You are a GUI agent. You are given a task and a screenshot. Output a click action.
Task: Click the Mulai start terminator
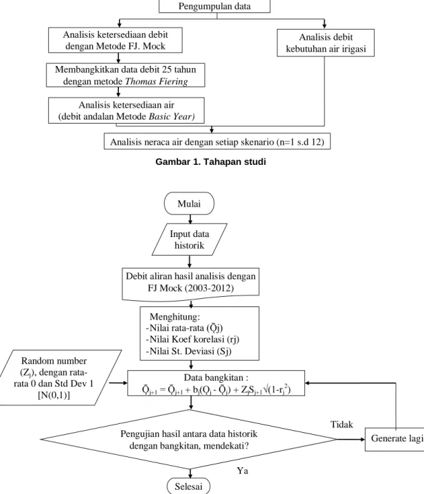pyautogui.click(x=189, y=203)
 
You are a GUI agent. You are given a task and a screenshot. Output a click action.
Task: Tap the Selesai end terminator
pyautogui.click(x=188, y=486)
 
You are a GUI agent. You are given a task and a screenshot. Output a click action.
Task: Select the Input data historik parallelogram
pyautogui.click(x=189, y=239)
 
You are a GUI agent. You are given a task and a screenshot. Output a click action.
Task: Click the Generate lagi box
pyautogui.click(x=394, y=439)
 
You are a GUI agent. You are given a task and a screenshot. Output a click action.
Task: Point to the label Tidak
pyautogui.click(x=342, y=425)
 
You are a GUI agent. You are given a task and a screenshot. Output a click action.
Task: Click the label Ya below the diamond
pyautogui.click(x=243, y=471)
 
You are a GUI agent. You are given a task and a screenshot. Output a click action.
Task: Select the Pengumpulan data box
pyautogui.click(x=214, y=6)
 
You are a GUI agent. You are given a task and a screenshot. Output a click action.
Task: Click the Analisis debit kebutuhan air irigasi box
pyautogui.click(x=326, y=43)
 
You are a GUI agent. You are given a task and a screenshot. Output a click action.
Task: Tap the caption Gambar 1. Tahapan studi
pyautogui.click(x=211, y=161)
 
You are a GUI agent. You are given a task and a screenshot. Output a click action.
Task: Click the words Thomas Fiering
pyautogui.click(x=157, y=81)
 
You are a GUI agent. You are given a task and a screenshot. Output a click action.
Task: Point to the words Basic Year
pyautogui.click(x=172, y=117)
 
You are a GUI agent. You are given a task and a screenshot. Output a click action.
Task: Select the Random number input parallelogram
pyautogui.click(x=55, y=377)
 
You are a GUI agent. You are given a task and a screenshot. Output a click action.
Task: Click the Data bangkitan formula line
pyautogui.click(x=216, y=390)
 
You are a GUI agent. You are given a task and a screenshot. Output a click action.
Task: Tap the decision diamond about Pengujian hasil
pyautogui.click(x=189, y=439)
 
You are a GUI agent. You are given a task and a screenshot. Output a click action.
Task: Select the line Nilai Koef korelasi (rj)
pyautogui.click(x=192, y=339)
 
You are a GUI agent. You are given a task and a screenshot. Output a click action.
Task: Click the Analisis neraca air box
pyautogui.click(x=217, y=141)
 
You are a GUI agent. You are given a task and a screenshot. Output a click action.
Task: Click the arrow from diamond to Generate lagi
pyautogui.click(x=351, y=439)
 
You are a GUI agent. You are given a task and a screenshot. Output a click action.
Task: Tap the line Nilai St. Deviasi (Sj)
pyautogui.click(x=189, y=351)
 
